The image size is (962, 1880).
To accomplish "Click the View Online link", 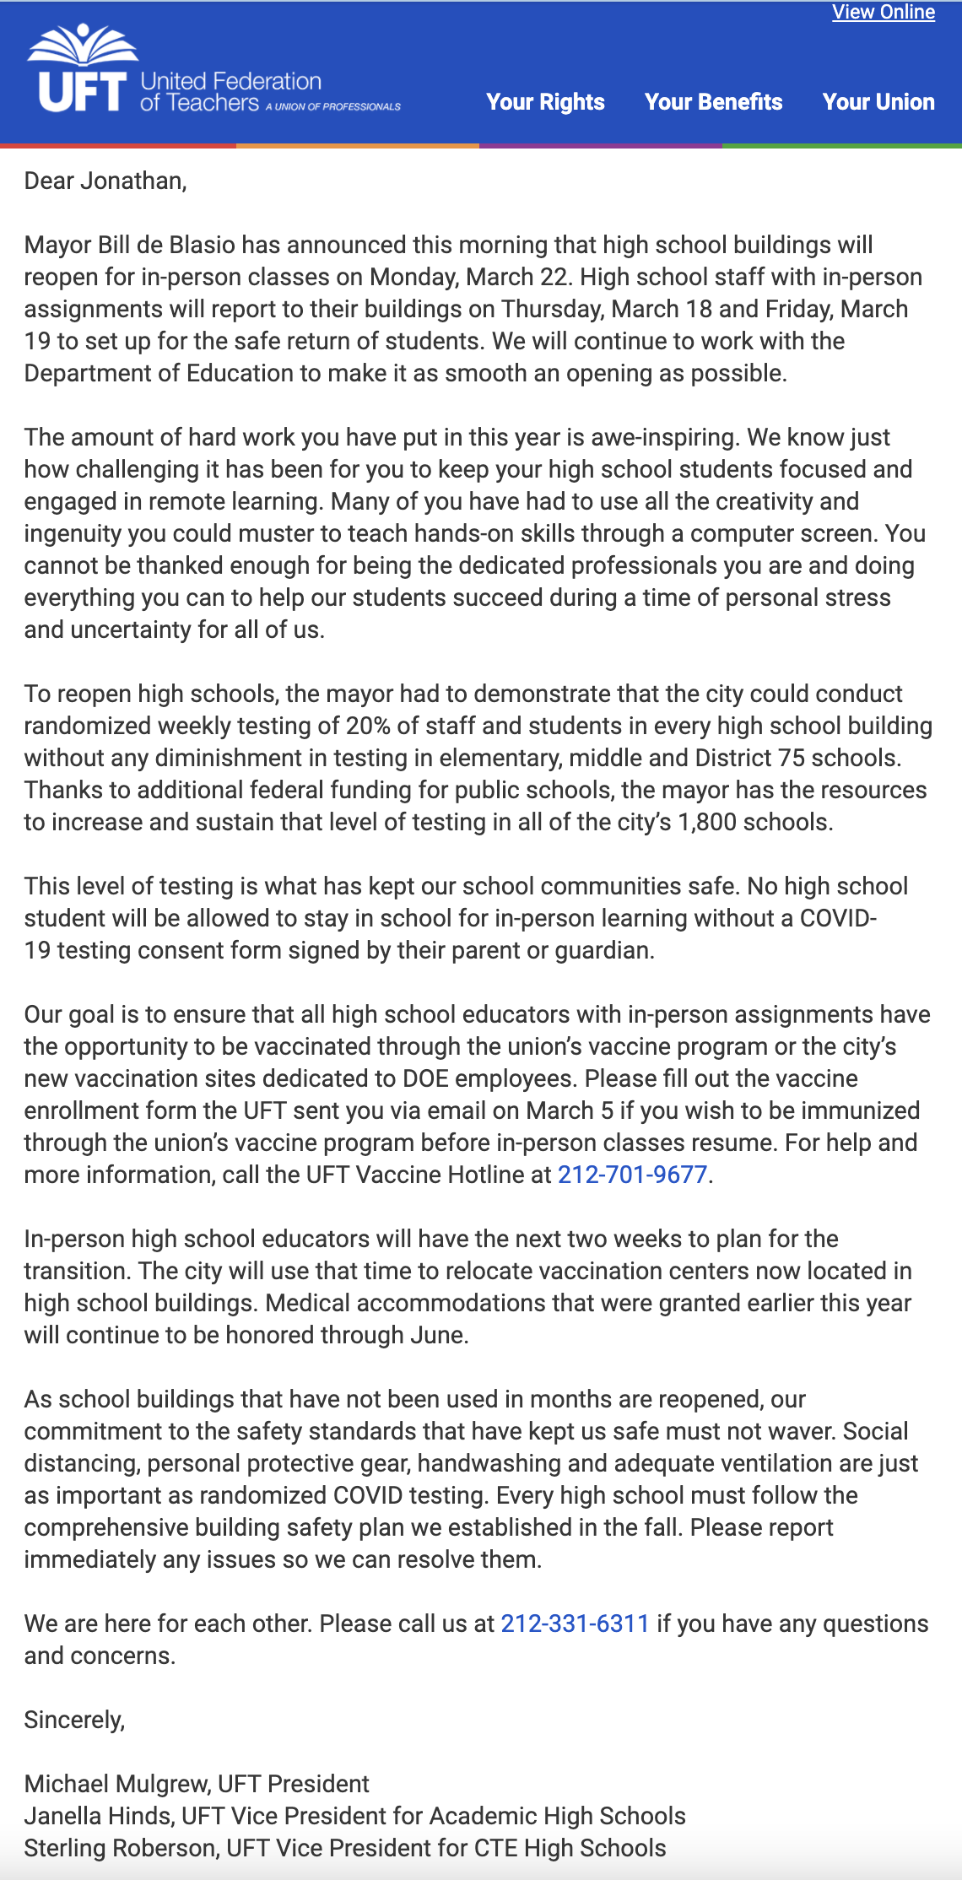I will pyautogui.click(x=883, y=13).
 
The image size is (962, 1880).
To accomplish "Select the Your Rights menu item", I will pyautogui.click(x=545, y=102).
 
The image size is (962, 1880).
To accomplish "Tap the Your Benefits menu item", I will pyautogui.click(x=713, y=102).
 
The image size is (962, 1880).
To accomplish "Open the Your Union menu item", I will pyautogui.click(x=878, y=102).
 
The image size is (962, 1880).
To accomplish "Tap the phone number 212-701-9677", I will pyautogui.click(x=632, y=1175).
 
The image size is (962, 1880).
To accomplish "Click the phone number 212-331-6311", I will pyautogui.click(x=575, y=1623).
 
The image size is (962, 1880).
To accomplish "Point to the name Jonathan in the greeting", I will pyautogui.click(x=132, y=181).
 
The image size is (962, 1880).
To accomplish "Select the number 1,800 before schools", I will pyautogui.click(x=707, y=822).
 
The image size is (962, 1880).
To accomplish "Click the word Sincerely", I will pyautogui.click(x=74, y=1720).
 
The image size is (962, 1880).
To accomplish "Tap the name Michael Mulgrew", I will pyautogui.click(x=117, y=1784).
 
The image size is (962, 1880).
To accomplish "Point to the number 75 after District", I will pyautogui.click(x=792, y=758).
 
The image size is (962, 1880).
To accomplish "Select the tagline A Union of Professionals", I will pyautogui.click(x=333, y=107).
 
